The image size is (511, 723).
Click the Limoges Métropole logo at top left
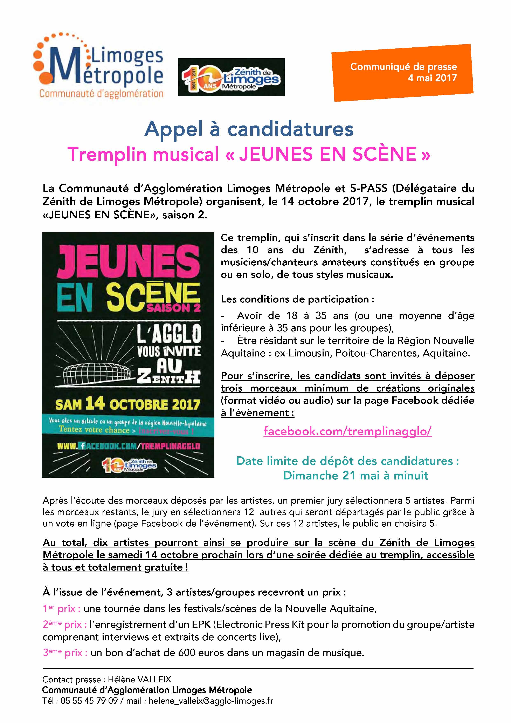[x=98, y=66]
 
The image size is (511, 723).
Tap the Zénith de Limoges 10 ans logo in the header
[x=232, y=77]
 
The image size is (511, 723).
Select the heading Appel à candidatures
[x=249, y=129]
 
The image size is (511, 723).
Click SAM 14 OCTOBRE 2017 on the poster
[x=127, y=404]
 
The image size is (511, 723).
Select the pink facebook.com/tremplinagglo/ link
[x=347, y=431]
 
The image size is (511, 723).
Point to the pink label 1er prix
[x=62, y=608]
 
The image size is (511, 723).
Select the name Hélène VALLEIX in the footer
[x=139, y=680]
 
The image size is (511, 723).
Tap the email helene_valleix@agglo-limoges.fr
[x=211, y=701]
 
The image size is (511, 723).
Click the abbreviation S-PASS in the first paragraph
[x=369, y=188]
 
